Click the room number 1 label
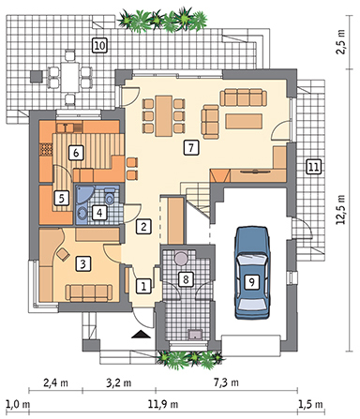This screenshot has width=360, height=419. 142,286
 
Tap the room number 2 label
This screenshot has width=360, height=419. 142,226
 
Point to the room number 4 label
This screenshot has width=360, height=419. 98,213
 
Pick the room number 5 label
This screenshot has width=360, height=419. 60,198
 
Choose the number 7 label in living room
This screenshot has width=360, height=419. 189,147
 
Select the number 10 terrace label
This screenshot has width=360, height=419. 98,45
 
